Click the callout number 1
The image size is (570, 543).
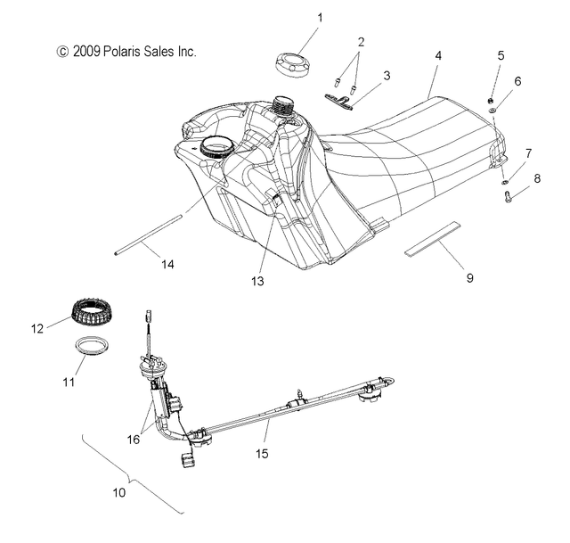click(296, 17)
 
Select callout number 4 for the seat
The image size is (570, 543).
click(437, 55)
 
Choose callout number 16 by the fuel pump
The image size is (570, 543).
click(134, 439)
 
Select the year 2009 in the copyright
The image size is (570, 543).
click(86, 53)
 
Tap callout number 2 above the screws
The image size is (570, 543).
click(361, 42)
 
